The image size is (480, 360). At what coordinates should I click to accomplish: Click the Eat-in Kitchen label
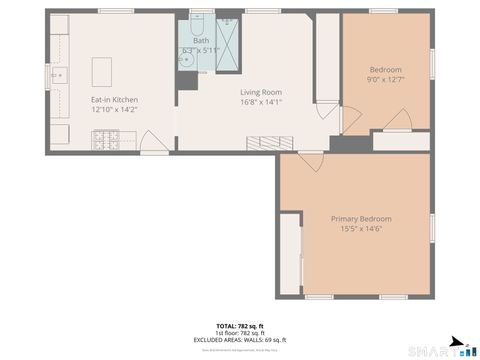click(x=115, y=100)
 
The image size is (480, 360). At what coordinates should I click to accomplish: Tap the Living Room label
click(x=261, y=92)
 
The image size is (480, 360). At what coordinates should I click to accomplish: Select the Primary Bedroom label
click(x=361, y=219)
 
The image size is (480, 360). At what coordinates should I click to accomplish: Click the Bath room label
click(x=201, y=40)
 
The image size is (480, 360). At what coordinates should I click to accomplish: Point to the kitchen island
click(x=103, y=72)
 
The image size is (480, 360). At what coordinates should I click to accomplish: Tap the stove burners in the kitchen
click(x=104, y=141)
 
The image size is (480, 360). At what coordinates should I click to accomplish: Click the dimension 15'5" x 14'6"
click(x=361, y=229)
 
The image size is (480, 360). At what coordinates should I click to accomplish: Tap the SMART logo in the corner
click(x=440, y=349)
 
